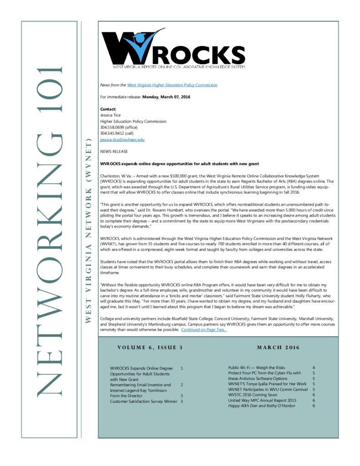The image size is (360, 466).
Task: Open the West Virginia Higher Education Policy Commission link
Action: point(172,85)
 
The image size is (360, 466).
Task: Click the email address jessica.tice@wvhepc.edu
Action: point(122,140)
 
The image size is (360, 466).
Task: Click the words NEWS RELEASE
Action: point(114,152)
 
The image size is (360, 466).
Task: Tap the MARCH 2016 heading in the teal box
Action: point(278,348)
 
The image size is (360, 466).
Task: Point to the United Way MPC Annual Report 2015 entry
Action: point(262,400)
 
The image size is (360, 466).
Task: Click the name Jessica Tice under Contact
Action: point(111,116)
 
